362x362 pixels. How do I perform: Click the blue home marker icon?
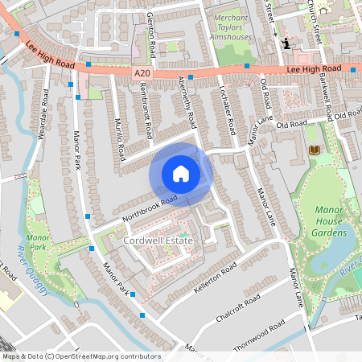[181, 174]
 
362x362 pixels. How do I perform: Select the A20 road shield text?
[142, 73]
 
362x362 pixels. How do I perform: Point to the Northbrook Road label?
[149, 208]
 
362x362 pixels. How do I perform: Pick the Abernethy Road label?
[187, 103]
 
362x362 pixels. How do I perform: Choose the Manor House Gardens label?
[333, 221]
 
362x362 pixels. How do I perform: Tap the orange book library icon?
[314, 150]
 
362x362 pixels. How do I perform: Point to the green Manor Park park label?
[38, 243]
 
